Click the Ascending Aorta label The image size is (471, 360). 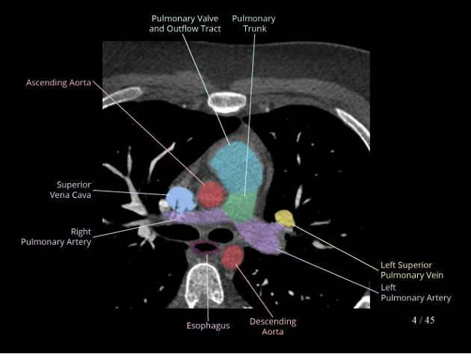[58, 82]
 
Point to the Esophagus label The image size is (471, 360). [208, 326]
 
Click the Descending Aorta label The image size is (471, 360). [273, 326]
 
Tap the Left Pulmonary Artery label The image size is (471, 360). [416, 292]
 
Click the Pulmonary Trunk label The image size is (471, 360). [253, 23]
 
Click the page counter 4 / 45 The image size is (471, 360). [422, 320]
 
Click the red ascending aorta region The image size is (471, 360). [212, 193]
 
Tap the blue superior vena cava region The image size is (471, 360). [179, 199]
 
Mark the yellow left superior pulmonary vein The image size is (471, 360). [284, 217]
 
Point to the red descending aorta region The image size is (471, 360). [233, 256]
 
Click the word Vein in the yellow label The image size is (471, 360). [435, 275]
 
